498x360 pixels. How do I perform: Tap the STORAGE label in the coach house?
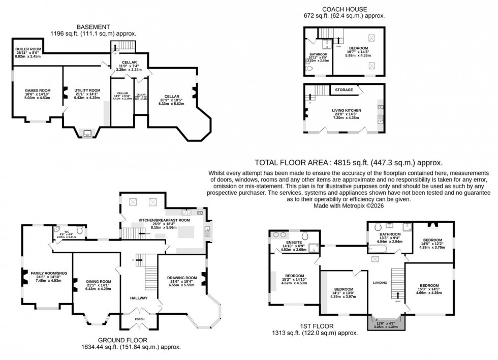(x=344, y=90)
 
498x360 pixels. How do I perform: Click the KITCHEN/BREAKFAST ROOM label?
(x=165, y=221)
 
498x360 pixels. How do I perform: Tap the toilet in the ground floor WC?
(x=79, y=233)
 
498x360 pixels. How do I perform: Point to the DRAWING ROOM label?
(x=181, y=278)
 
